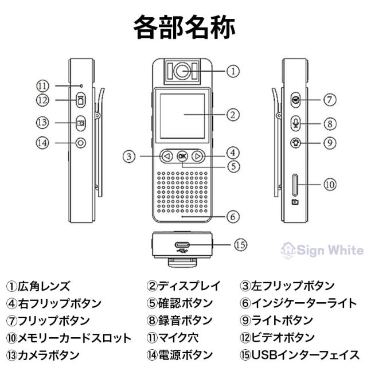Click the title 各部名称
point(183,26)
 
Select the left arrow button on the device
point(167,155)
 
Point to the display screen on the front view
point(182,114)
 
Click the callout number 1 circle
point(232,72)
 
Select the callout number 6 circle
point(232,217)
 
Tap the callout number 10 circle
point(330,185)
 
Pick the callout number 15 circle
point(241,244)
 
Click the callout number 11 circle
point(44,85)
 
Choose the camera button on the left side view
point(81,122)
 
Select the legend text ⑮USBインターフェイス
point(296,355)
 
